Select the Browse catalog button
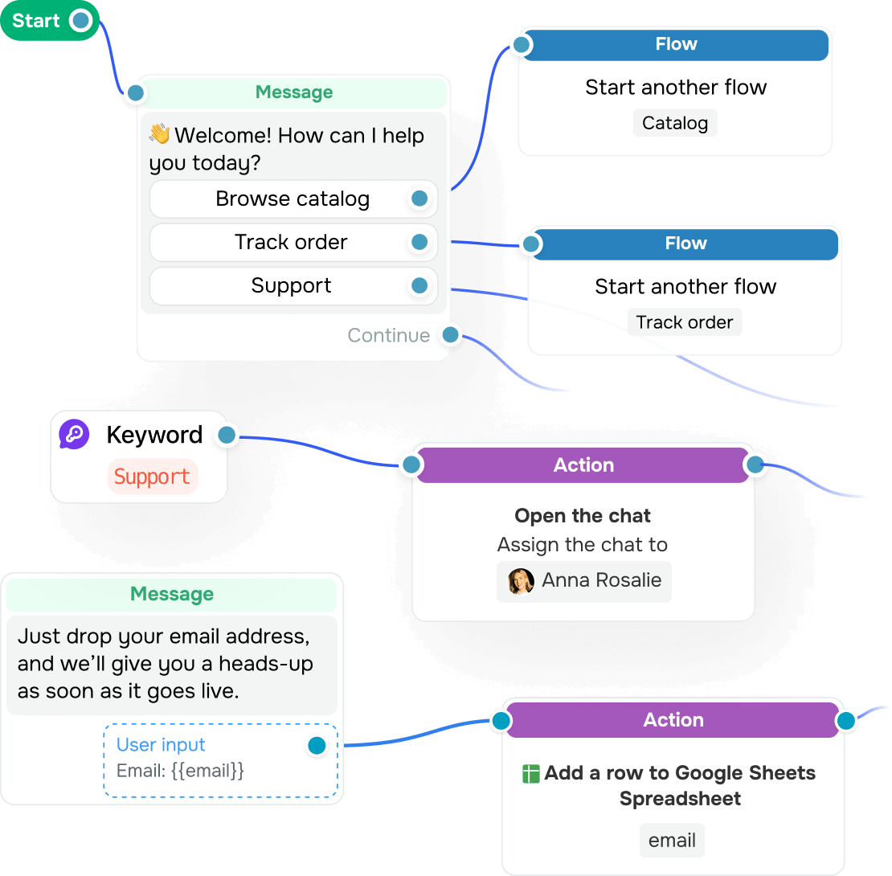[293, 199]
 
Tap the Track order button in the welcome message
[291, 243]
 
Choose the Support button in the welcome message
[291, 286]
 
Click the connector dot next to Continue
[451, 334]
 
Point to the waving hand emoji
[160, 135]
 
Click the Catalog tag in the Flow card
[675, 123]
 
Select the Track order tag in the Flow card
[685, 322]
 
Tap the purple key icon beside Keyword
[74, 435]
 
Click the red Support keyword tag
[152, 477]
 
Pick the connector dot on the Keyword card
[227, 436]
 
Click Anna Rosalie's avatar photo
[521, 580]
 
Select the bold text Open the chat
[583, 516]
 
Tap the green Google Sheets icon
[530, 774]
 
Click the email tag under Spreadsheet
[672, 841]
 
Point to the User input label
[161, 745]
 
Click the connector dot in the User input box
[317, 746]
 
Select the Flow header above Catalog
[676, 45]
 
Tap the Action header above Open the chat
[583, 465]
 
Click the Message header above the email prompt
[172, 595]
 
